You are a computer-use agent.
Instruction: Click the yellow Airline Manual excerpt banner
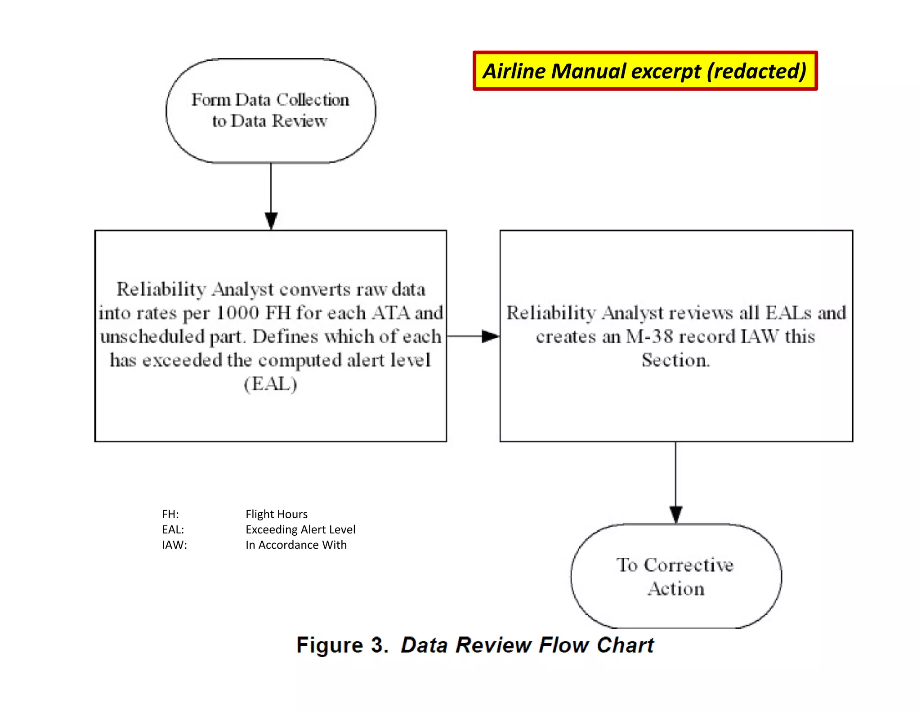(644, 71)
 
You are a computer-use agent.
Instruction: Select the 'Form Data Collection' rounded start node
(271, 111)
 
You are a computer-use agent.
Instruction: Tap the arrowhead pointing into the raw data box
(271, 221)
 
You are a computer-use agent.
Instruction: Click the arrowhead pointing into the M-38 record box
(490, 336)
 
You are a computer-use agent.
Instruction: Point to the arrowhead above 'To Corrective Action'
(675, 514)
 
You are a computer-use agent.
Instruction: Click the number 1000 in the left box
(238, 313)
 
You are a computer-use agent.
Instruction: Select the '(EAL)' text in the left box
(270, 384)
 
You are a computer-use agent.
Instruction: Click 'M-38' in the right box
(649, 336)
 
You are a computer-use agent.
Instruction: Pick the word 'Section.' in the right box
(675, 360)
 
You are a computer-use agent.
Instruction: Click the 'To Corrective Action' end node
(675, 576)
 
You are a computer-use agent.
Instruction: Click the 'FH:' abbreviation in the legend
(170, 514)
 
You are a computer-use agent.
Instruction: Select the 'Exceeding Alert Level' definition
(300, 529)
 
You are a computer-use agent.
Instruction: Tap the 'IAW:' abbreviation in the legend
(174, 545)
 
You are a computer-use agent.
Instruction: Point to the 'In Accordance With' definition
(296, 545)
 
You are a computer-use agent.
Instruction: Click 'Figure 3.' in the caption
(342, 645)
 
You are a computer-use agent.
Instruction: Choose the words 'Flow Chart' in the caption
(596, 645)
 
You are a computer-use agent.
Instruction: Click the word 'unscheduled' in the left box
(152, 337)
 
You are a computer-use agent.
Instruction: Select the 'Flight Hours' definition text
(277, 514)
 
